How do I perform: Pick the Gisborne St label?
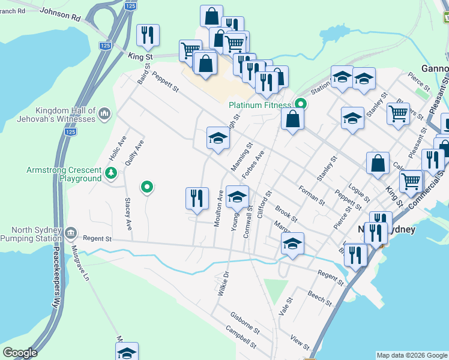pos(244,322)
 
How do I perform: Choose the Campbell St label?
pos(241,338)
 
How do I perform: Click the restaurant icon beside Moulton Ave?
pos(197,198)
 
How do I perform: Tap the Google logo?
pos(20,353)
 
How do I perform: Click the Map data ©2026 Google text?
pos(411,355)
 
